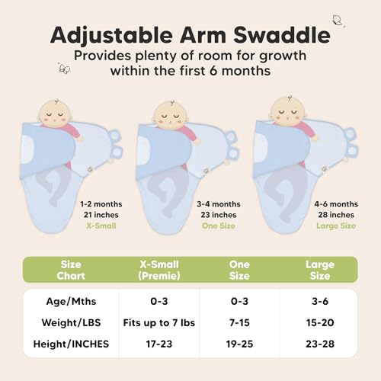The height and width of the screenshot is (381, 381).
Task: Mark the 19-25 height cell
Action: pyautogui.click(x=239, y=344)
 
